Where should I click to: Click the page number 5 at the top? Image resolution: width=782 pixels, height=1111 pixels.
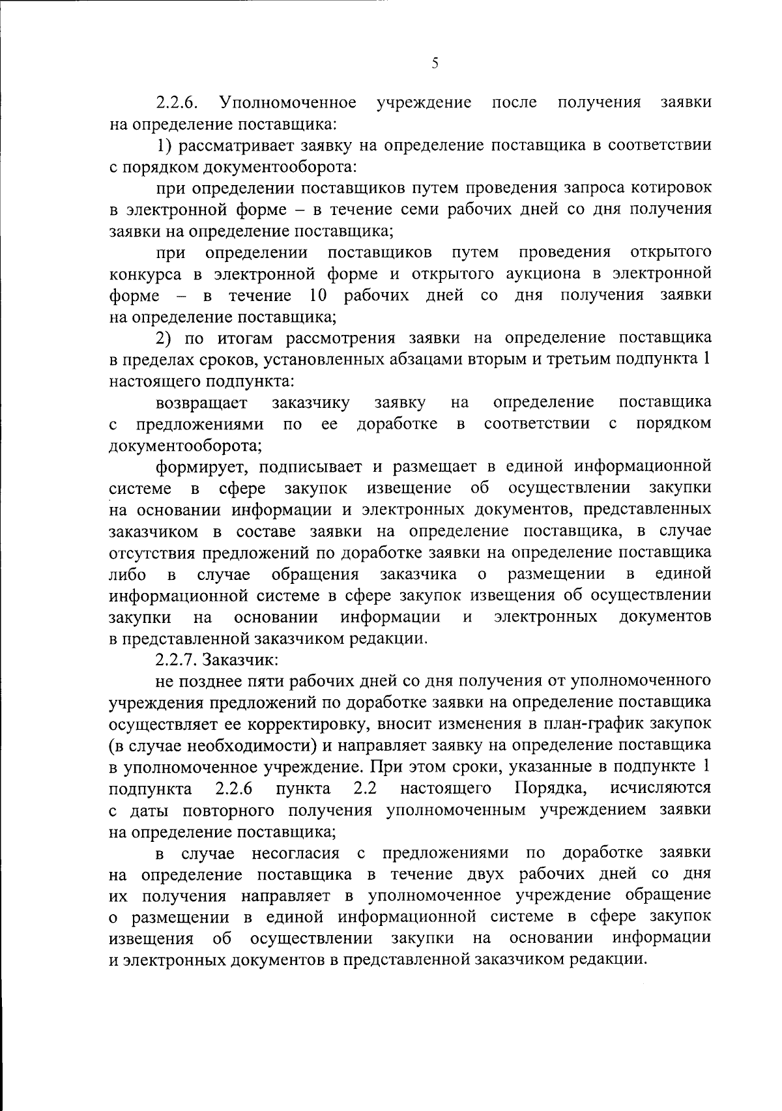[x=435, y=63]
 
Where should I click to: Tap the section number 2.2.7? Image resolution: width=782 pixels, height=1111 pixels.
[x=177, y=659]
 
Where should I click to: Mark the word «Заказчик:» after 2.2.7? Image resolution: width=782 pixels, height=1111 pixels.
[x=240, y=659]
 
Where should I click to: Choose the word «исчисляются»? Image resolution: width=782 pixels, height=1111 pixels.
[x=661, y=788]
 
